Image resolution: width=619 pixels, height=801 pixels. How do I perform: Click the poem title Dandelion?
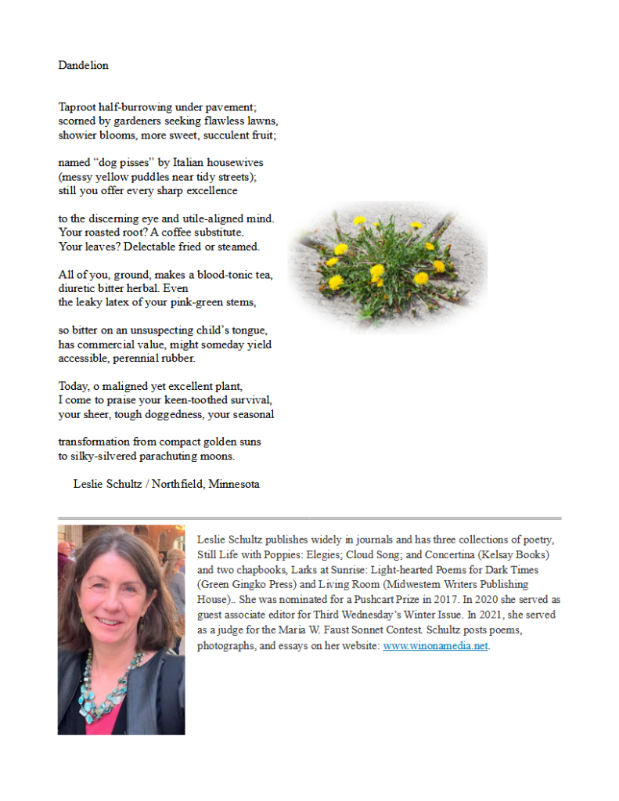click(83, 65)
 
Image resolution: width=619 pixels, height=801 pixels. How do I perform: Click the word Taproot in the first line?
click(77, 106)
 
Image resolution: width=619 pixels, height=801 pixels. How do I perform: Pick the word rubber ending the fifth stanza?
click(177, 359)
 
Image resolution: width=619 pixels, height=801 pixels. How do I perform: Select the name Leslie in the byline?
click(89, 484)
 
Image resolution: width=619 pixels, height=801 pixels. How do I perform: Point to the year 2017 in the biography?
click(427, 600)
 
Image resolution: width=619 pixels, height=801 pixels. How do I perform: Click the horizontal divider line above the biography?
click(309, 518)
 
